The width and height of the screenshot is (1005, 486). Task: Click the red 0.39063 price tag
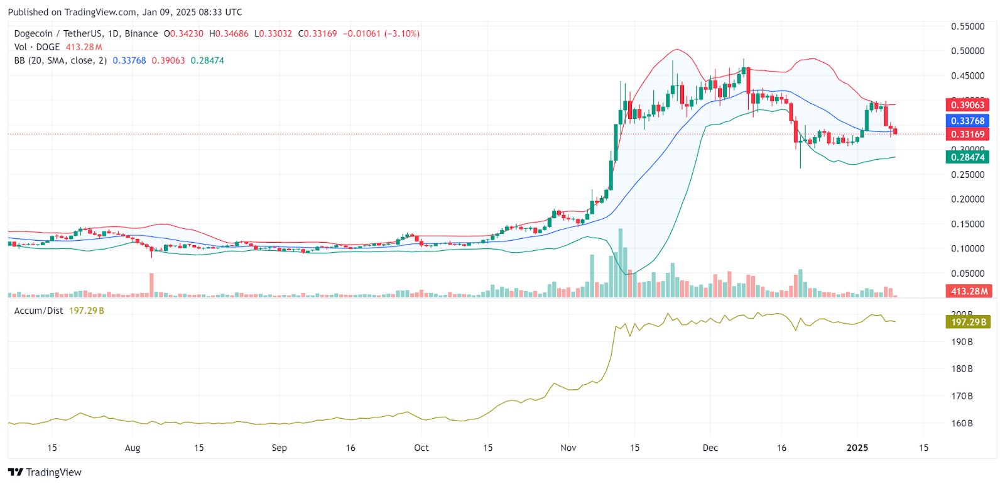click(x=967, y=105)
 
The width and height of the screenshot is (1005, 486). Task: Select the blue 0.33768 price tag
click(x=967, y=121)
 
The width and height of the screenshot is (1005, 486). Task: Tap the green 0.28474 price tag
click(x=967, y=157)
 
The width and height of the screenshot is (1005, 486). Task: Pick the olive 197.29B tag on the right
click(x=968, y=322)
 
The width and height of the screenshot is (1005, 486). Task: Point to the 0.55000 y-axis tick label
click(x=967, y=26)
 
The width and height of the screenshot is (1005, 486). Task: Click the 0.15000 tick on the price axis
click(x=967, y=224)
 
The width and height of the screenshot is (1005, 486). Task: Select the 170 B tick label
click(x=962, y=396)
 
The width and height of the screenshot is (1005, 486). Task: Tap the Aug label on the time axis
click(x=133, y=448)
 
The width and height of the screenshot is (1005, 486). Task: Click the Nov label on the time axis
click(x=568, y=448)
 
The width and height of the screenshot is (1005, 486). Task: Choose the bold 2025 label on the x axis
click(x=857, y=448)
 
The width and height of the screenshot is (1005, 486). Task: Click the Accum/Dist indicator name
click(x=39, y=311)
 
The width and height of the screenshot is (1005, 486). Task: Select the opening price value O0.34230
click(x=183, y=33)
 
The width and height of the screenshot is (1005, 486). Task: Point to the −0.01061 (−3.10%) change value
click(x=381, y=33)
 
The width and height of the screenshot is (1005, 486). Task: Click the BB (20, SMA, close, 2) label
click(x=60, y=60)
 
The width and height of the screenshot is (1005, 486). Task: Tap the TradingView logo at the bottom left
click(x=45, y=472)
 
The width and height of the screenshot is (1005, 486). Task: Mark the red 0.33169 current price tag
click(x=967, y=134)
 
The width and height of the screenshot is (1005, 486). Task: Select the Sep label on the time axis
click(x=279, y=448)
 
